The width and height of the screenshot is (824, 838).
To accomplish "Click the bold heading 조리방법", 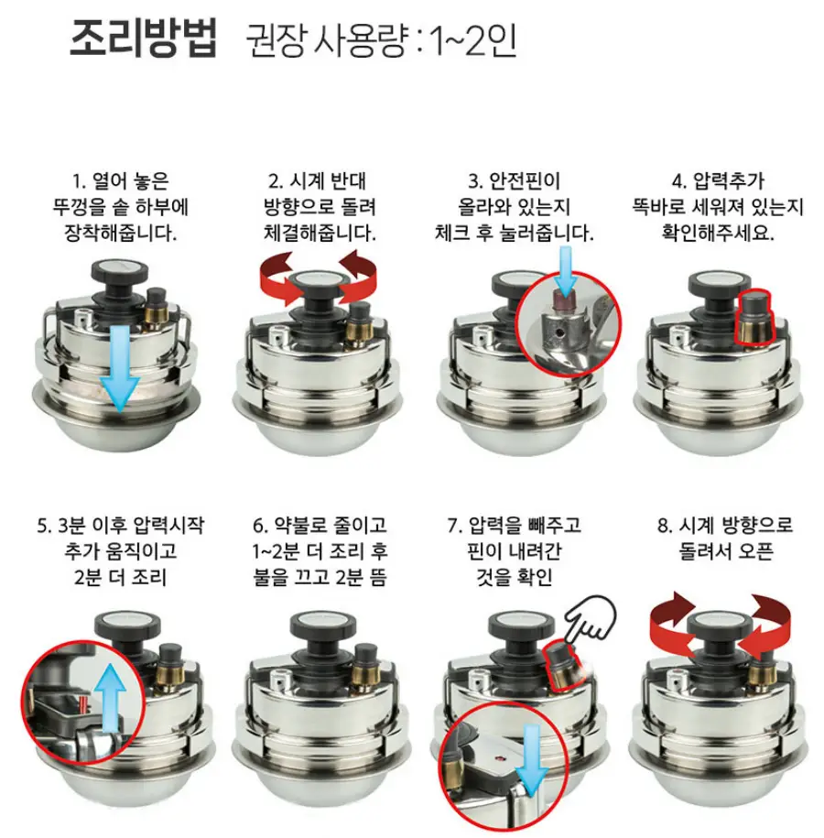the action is pos(143,38).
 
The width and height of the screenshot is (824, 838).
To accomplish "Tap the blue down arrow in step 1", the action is pos(120,369).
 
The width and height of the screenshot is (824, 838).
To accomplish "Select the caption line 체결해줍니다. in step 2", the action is pos(320,233).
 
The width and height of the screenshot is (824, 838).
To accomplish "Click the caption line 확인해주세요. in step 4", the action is pos(718,233).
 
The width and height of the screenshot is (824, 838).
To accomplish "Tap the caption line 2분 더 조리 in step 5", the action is pos(121,577).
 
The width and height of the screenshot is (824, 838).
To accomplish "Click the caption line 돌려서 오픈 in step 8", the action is pos(726,551).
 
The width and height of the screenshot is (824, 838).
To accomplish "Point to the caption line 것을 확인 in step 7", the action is pos(514,577).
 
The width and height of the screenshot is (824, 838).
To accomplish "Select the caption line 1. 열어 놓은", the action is pos(120,180).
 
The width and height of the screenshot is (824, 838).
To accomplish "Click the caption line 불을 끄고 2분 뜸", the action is pos(320,577).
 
